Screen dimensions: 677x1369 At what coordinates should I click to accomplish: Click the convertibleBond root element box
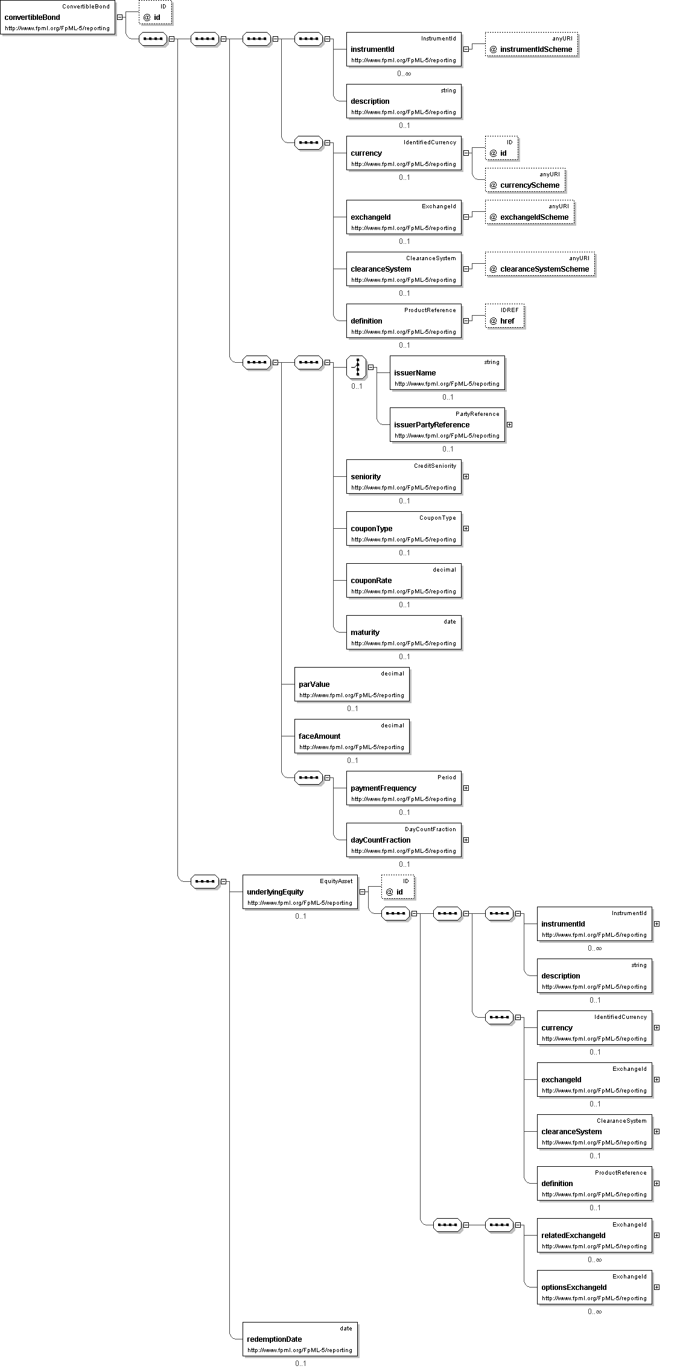(57, 18)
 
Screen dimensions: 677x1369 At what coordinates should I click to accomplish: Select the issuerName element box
(447, 373)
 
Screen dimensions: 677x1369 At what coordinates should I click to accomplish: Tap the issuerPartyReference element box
(447, 425)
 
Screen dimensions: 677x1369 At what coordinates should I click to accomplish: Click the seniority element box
(404, 477)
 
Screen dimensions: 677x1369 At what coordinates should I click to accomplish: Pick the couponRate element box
(404, 581)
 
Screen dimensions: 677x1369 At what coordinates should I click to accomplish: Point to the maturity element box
(404, 633)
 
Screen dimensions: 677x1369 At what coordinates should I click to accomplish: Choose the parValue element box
(352, 684)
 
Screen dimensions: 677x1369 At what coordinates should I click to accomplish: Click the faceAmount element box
(352, 736)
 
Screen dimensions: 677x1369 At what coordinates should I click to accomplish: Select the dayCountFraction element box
(404, 840)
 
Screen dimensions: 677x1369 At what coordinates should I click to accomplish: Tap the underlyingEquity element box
(300, 892)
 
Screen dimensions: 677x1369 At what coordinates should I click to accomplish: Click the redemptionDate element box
(300, 1339)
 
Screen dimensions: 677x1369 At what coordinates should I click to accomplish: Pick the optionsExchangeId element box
(594, 1288)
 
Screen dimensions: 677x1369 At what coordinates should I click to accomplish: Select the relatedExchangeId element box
(594, 1236)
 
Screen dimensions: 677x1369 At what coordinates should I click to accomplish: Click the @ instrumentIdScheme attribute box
(532, 45)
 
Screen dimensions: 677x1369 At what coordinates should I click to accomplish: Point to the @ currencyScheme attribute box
(526, 180)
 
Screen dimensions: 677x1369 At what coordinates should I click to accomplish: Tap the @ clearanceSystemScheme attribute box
(540, 264)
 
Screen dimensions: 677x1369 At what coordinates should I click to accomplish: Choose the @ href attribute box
(504, 316)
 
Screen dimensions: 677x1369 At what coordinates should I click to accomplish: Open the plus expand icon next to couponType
(466, 528)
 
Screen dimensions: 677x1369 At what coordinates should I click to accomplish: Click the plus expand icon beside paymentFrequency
(466, 788)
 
